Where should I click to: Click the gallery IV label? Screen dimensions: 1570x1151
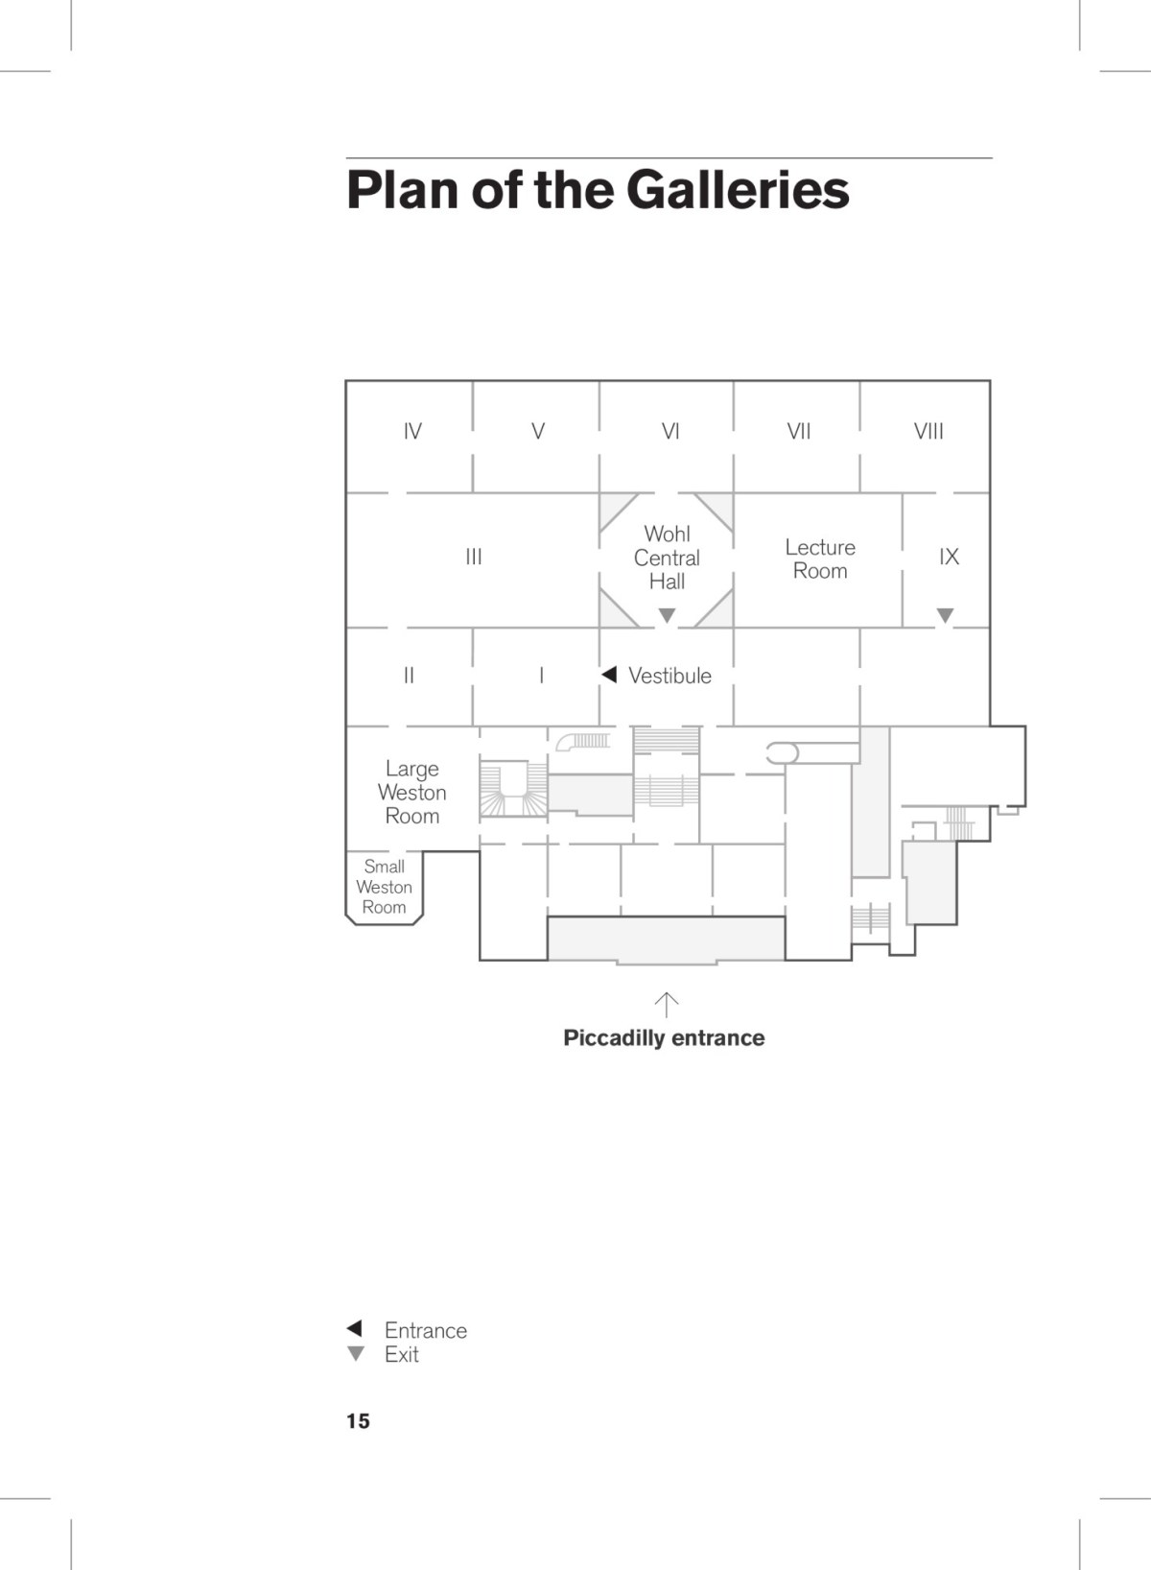412,432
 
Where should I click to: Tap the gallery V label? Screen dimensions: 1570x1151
538,432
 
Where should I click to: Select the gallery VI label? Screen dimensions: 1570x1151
670,432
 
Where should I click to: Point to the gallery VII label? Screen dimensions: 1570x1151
799,432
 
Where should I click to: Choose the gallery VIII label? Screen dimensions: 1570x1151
928,432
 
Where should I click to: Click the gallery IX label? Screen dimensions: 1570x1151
949,557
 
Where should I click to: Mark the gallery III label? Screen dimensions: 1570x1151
474,557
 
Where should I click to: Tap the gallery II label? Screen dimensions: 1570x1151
409,676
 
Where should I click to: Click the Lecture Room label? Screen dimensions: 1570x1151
820,559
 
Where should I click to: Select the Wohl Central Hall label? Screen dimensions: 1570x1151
667,558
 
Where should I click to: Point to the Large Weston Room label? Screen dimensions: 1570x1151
412,793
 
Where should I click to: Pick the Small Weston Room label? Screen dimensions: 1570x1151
384,887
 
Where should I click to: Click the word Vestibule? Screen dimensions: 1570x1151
669,676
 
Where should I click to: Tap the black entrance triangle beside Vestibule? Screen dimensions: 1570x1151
609,675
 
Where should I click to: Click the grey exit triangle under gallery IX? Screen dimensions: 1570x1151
945,615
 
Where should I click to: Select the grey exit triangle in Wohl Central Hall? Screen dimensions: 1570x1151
667,615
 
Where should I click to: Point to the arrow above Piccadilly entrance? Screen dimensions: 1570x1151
666,1005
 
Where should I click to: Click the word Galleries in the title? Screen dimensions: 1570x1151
738,190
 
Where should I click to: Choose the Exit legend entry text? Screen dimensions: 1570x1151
402,1354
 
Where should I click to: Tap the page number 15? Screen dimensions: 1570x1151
358,1421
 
